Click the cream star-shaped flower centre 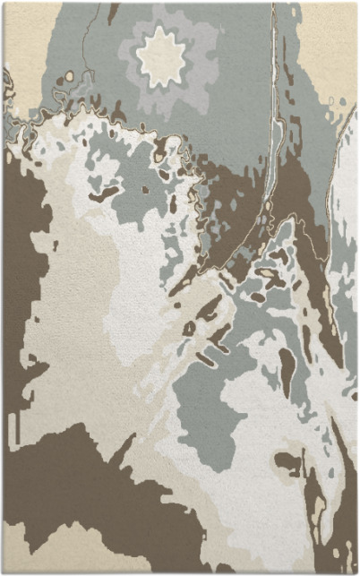click(x=163, y=58)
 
